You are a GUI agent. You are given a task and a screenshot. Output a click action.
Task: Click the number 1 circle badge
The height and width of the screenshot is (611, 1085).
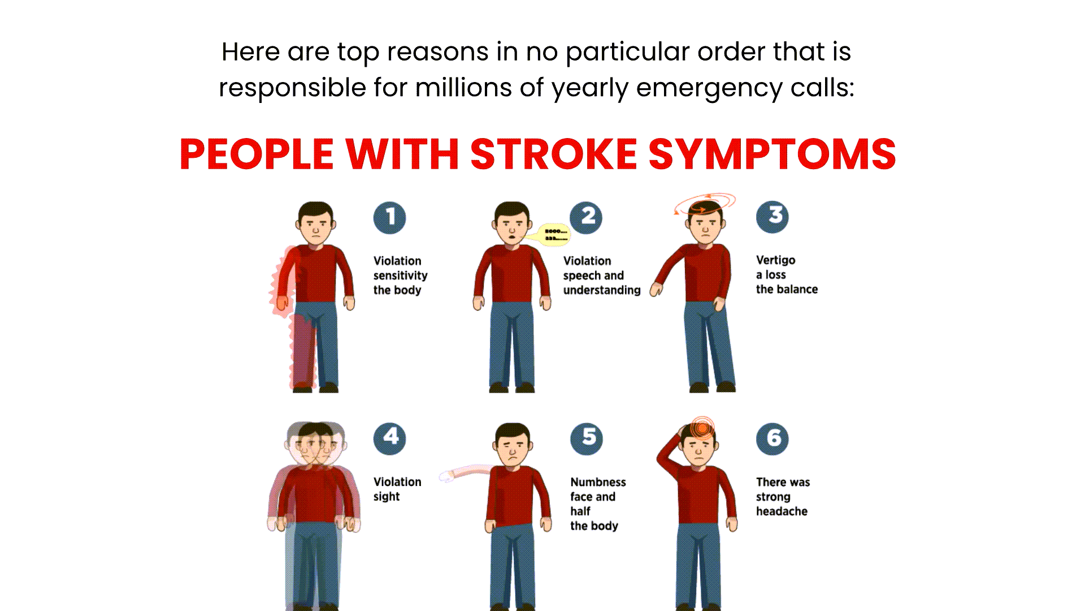390,218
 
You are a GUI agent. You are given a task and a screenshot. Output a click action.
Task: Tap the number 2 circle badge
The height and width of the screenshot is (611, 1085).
586,217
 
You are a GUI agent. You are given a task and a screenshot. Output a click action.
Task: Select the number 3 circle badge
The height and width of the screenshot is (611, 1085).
772,217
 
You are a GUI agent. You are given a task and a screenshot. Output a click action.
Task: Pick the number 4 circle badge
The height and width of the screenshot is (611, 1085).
390,438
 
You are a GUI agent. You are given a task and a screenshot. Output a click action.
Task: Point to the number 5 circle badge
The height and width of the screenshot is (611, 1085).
587,438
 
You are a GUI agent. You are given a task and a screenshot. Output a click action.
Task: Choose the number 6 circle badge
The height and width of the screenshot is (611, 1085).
772,438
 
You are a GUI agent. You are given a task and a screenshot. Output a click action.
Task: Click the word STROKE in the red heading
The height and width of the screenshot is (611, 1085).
553,154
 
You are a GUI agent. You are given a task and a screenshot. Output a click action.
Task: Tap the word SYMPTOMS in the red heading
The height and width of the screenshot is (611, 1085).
772,154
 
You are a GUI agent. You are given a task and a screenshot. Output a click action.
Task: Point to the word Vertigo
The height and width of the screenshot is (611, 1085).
775,260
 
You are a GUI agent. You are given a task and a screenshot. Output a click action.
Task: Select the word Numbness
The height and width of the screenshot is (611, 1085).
598,482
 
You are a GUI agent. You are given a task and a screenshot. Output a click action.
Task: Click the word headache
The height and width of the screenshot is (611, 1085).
782,511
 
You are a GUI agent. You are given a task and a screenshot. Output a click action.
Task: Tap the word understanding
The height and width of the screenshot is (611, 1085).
602,290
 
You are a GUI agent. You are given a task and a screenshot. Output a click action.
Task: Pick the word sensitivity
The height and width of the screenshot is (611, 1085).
400,276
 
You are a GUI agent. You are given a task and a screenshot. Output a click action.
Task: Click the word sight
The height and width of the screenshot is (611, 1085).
387,497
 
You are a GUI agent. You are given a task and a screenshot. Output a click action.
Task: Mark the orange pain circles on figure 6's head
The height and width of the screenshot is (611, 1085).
702,428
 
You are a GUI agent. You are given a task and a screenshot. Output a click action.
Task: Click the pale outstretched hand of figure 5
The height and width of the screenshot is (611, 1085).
449,475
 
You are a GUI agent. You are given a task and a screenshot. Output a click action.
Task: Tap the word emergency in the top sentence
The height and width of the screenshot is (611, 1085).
709,88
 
